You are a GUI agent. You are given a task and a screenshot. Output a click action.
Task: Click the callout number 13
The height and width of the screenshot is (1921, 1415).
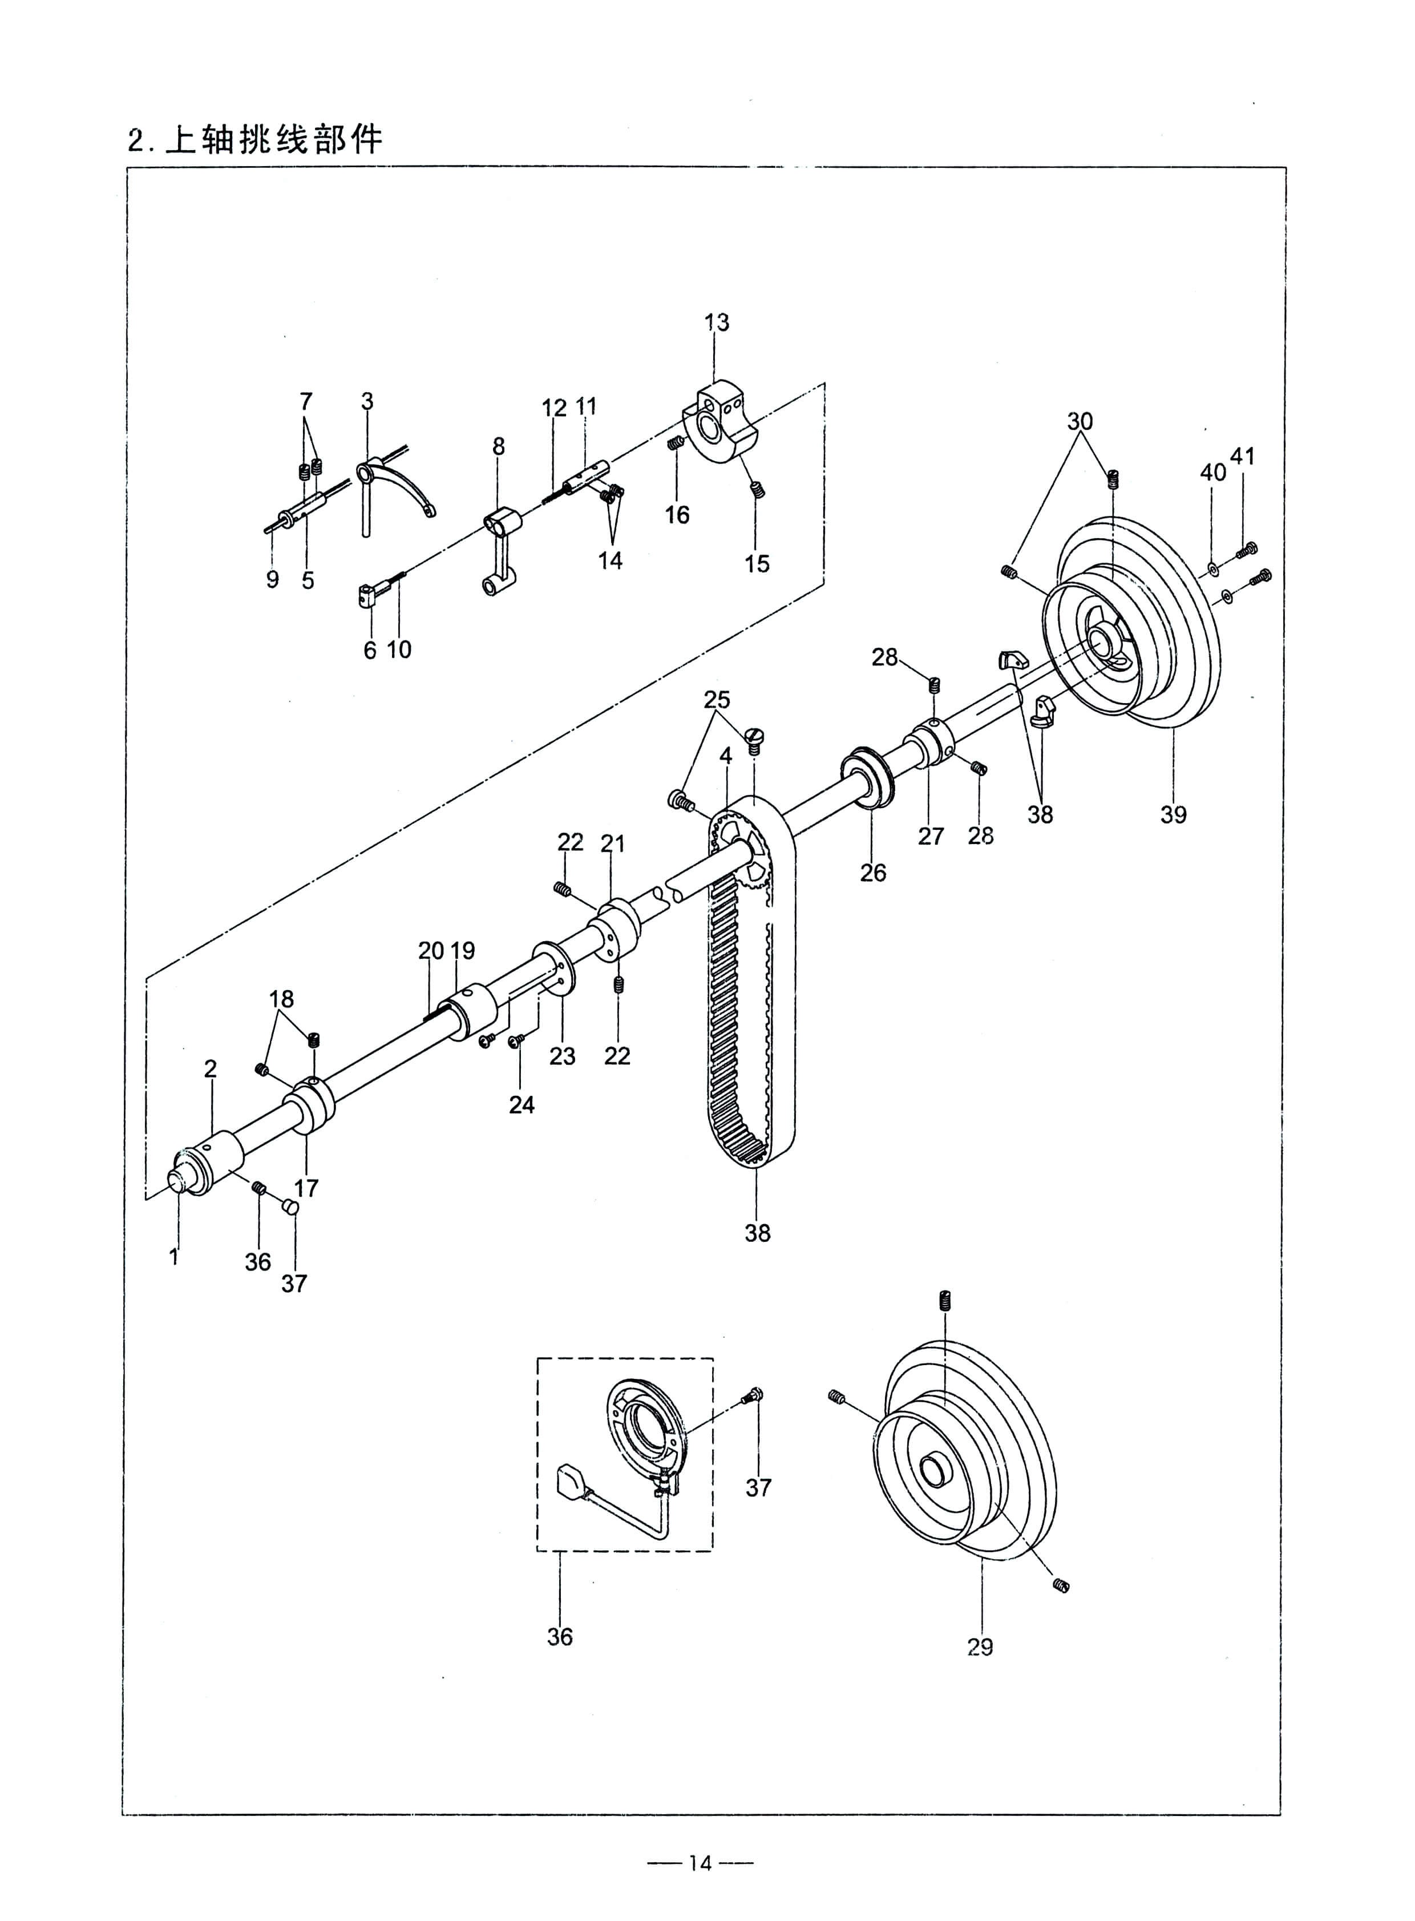[x=717, y=322]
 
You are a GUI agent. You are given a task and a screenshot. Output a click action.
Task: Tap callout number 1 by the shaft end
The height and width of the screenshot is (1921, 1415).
[x=175, y=1257]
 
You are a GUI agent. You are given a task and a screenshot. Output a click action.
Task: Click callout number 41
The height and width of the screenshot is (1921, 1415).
[x=1242, y=457]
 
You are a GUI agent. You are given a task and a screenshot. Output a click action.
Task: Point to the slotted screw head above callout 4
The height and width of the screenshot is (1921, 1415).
[x=755, y=736]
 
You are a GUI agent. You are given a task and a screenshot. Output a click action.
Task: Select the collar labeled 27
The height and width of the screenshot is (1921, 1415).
[x=930, y=743]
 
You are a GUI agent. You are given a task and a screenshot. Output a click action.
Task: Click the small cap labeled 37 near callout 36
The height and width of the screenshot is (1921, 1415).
[x=291, y=1208]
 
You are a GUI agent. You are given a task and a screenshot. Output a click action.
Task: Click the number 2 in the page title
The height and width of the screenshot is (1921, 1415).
[x=135, y=140]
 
